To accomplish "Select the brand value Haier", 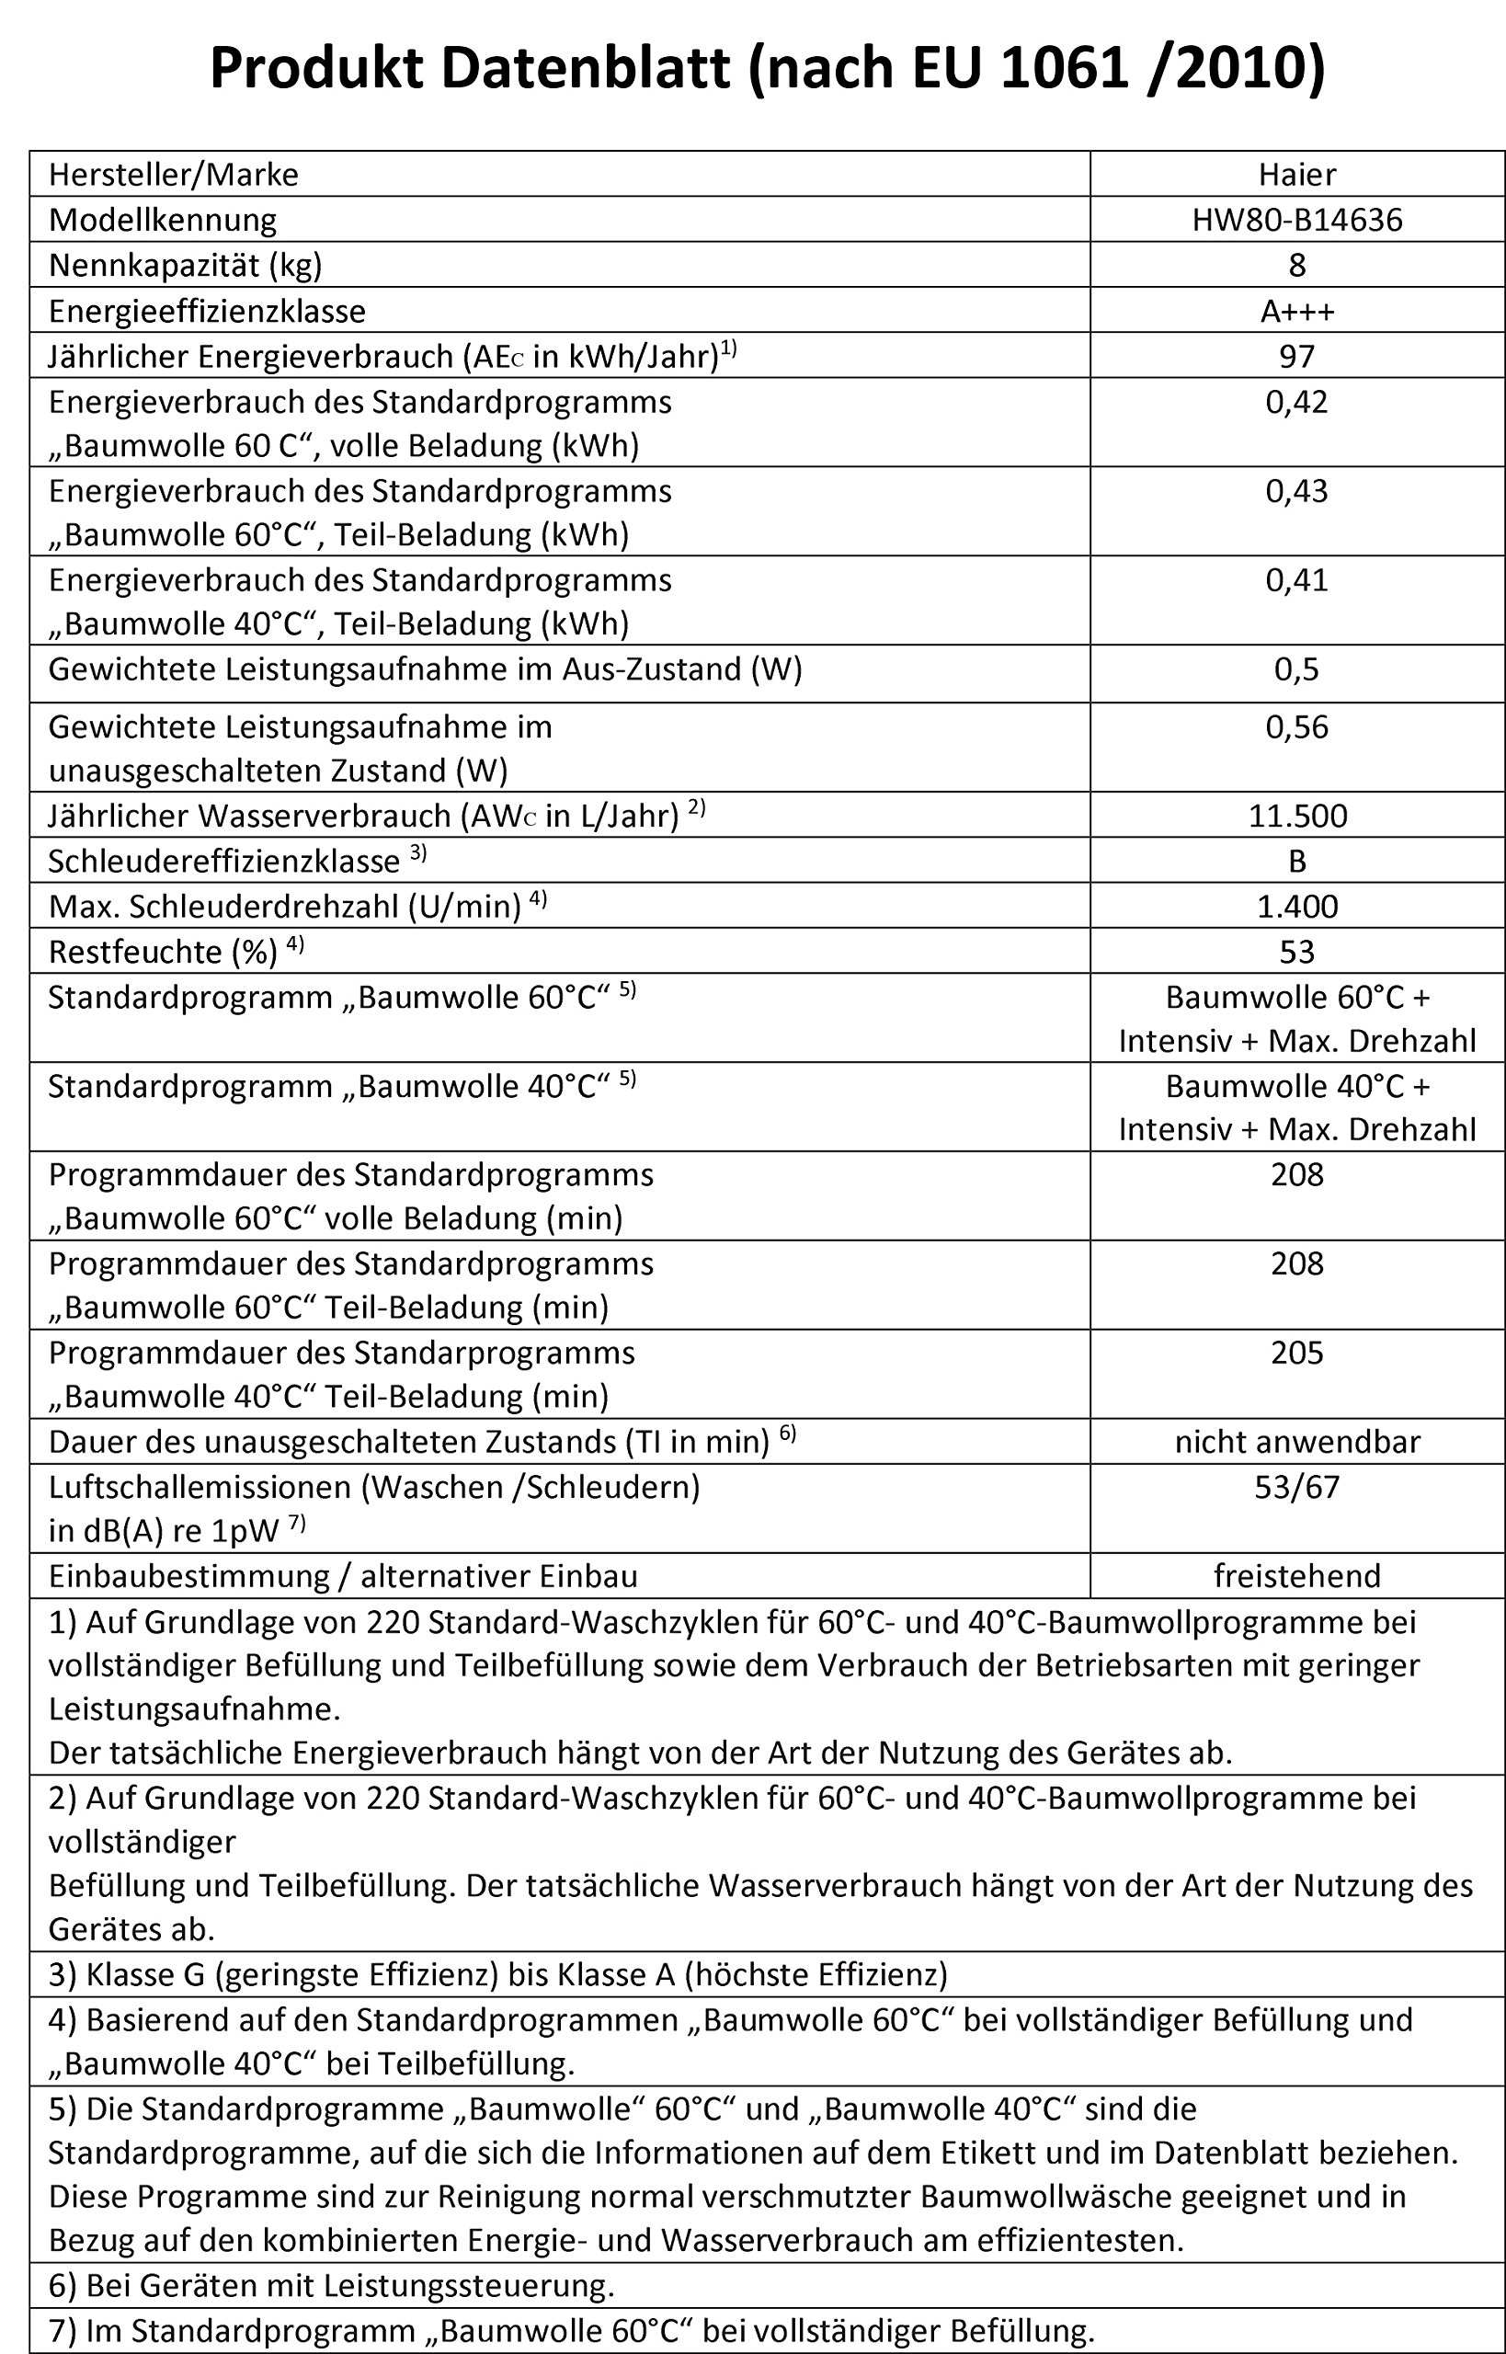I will coord(1296,174).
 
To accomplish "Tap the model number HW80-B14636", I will coord(1296,219).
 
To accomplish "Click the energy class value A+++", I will coord(1296,311).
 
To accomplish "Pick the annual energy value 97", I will coord(1296,356).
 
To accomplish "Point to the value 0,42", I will coord(1296,402).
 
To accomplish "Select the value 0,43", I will coord(1296,491).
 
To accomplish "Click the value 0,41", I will coord(1296,580).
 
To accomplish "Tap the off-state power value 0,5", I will coord(1296,670).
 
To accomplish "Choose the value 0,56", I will coord(1296,727).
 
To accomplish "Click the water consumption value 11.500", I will coord(1296,816).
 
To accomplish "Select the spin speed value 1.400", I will coord(1296,907).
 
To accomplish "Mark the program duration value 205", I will coord(1296,1353).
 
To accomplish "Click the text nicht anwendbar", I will coord(1296,1442).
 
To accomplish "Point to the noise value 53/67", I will coord(1296,1487).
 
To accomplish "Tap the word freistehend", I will coord(1296,1575).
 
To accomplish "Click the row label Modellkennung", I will coord(163,219).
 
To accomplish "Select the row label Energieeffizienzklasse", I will coord(206,311).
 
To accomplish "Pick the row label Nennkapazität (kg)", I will coord(185,265).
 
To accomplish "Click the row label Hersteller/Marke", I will coord(173,174).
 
